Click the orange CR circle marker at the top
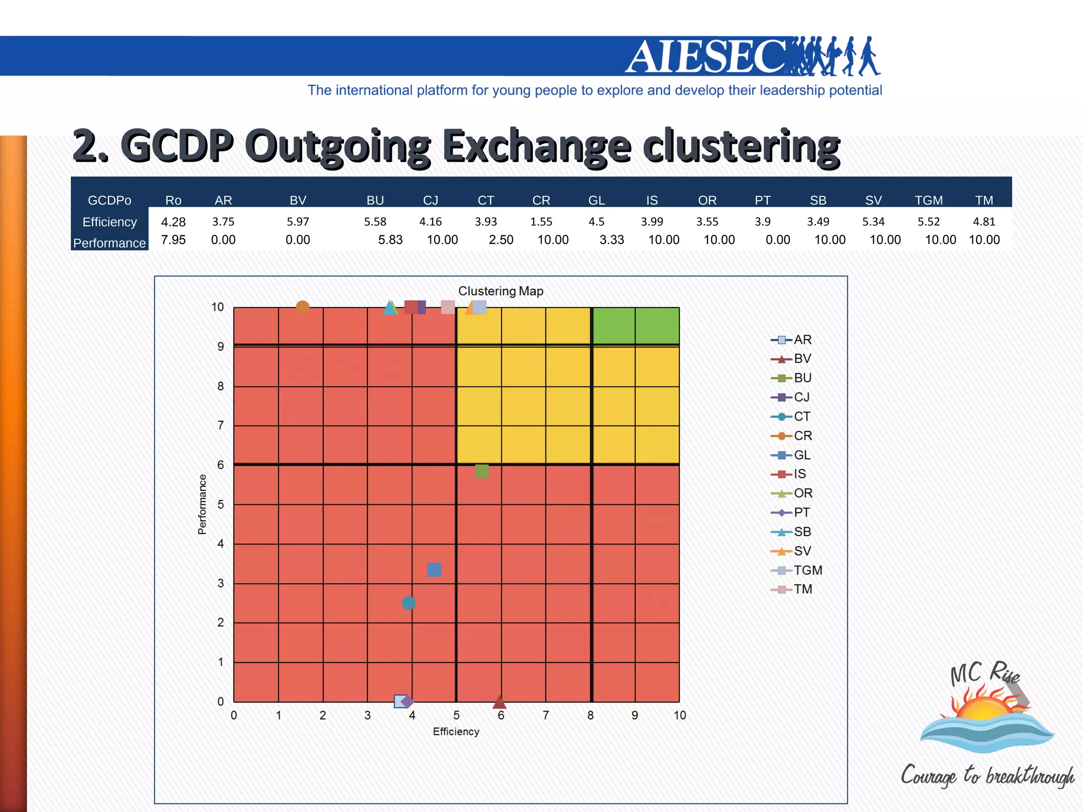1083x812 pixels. tap(302, 307)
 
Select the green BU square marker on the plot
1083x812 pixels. tap(482, 470)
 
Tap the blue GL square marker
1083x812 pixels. tap(434, 569)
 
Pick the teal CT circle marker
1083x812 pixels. tap(409, 603)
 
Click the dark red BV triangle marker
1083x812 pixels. tap(499, 702)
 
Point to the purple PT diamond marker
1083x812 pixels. tap(408, 702)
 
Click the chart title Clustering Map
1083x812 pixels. tap(500, 291)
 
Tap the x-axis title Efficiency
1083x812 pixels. tap(456, 732)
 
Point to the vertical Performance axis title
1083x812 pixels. tap(202, 504)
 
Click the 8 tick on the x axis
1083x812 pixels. tap(590, 715)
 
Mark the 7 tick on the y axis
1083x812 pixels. tap(221, 425)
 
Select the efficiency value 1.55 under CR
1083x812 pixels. tap(541, 222)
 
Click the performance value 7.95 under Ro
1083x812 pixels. tap(173, 240)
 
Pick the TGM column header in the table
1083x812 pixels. tap(929, 200)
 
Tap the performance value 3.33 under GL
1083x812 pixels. tap(611, 240)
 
